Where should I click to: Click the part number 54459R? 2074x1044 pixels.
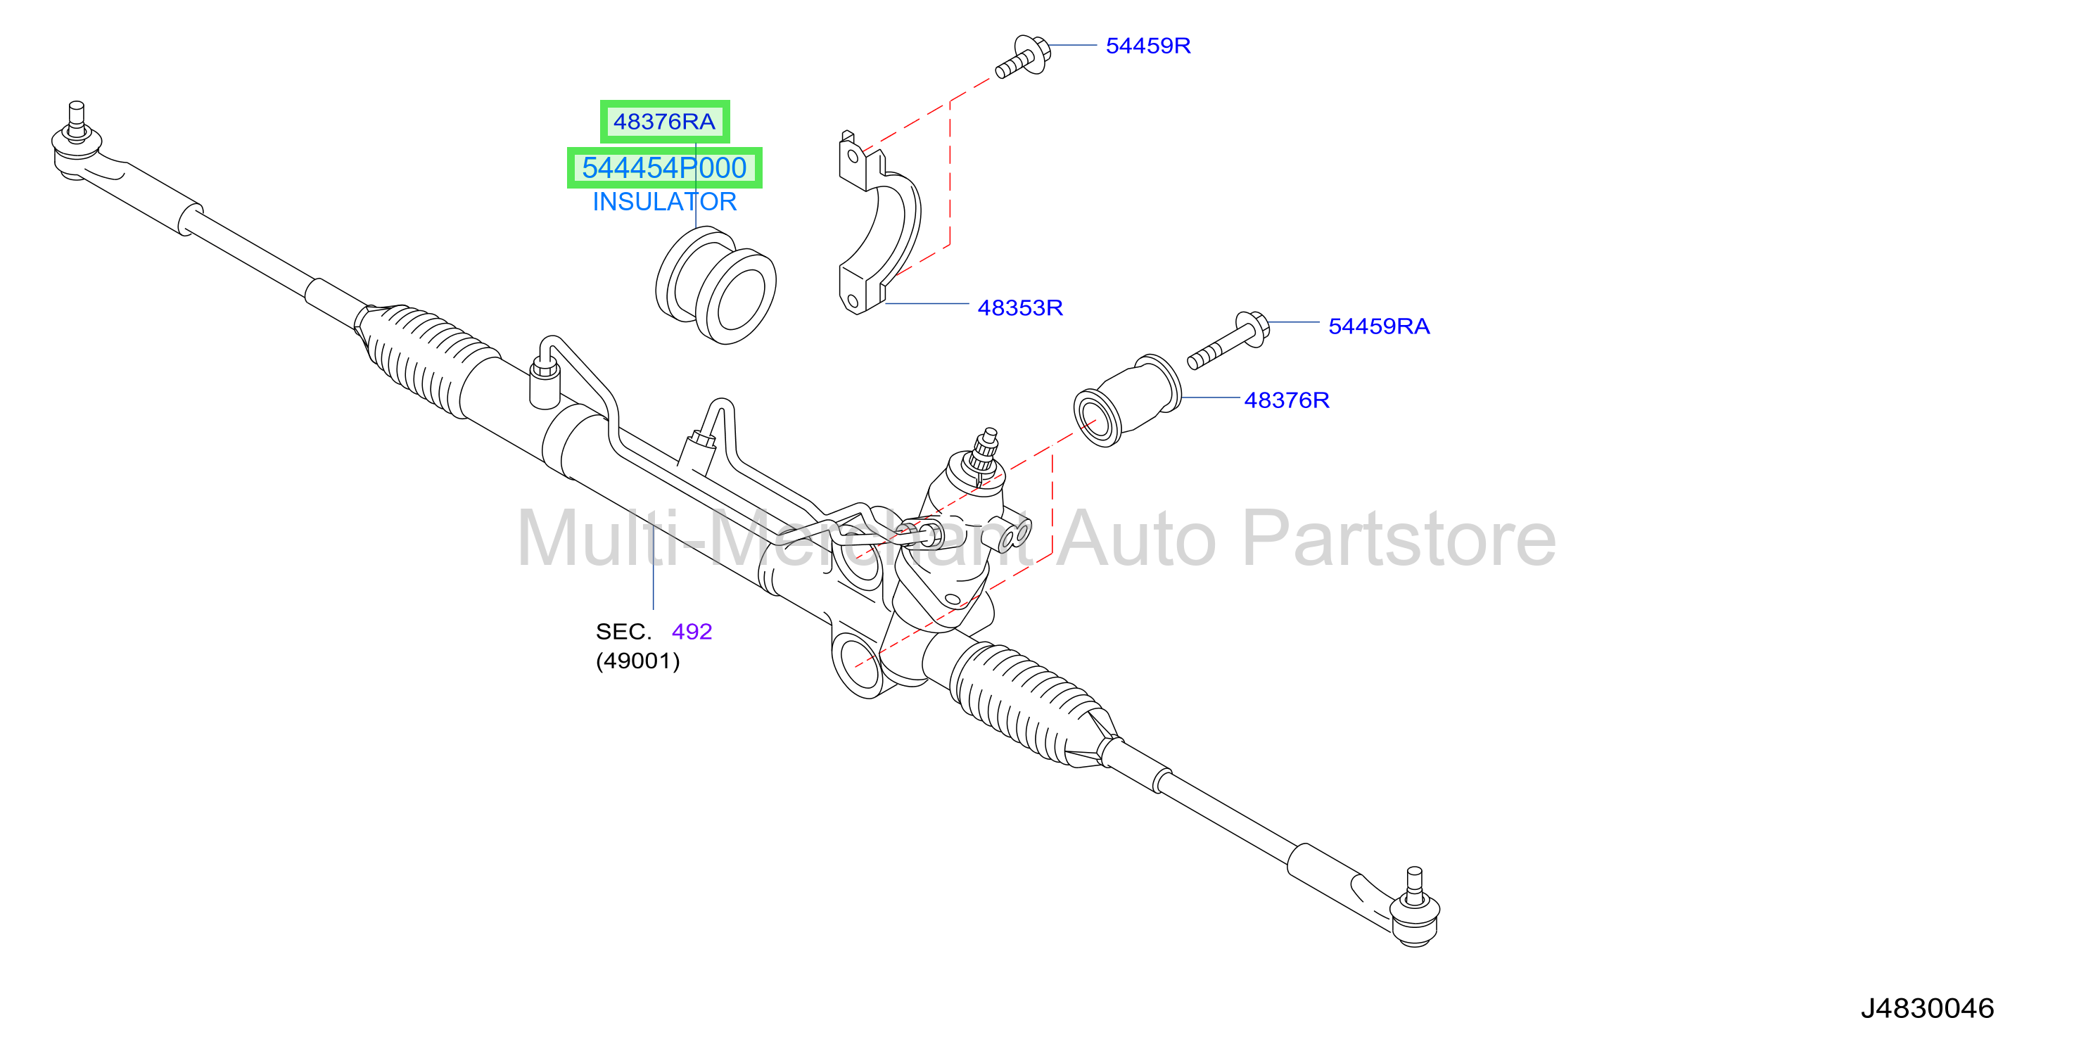tap(1147, 46)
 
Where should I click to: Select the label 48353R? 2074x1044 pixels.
tap(1020, 307)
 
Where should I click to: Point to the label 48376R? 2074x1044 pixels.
tap(1287, 400)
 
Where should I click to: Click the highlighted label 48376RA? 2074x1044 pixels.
tap(664, 122)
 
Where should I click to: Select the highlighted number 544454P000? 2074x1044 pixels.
tap(664, 167)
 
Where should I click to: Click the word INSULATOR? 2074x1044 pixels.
tap(664, 201)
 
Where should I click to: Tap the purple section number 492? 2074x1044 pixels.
tap(692, 631)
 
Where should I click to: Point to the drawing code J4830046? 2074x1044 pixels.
tap(1927, 1008)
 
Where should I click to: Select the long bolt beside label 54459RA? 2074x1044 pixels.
tap(1228, 340)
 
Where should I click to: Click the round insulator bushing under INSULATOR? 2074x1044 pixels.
tap(715, 285)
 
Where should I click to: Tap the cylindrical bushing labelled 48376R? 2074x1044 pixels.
tap(1127, 400)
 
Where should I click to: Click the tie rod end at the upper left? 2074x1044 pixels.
tap(89, 149)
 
